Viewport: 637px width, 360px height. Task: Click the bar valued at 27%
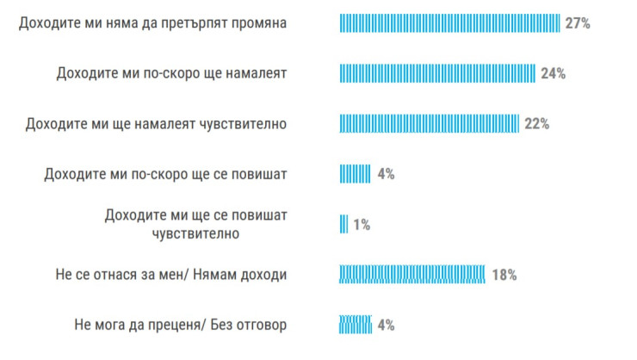coord(449,23)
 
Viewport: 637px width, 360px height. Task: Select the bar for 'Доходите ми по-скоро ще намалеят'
coord(437,73)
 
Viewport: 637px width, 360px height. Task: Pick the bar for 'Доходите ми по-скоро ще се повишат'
coord(355,174)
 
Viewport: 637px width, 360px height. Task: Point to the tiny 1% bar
coord(344,224)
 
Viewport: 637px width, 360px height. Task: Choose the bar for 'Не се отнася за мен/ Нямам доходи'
coord(412,275)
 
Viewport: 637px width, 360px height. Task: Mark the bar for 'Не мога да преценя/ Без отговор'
coord(355,325)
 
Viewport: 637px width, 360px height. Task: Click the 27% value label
coord(578,23)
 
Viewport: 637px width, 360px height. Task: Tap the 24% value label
coord(553,73)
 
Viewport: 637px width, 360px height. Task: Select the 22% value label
coord(536,123)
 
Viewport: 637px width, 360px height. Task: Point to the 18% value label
coord(504,275)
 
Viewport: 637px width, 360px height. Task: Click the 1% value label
coord(361,225)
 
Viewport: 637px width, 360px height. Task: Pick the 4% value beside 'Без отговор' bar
coord(386,325)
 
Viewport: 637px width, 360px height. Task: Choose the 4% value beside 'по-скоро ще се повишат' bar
coord(386,174)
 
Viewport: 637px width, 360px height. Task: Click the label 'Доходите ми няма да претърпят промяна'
coord(152,23)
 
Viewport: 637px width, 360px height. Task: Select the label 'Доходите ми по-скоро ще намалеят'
coord(171,73)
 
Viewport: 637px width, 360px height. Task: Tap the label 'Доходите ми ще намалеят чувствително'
coord(157,123)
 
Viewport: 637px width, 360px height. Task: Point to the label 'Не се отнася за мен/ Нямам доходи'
coord(170,275)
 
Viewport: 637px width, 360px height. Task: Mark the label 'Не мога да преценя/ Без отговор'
coord(181,325)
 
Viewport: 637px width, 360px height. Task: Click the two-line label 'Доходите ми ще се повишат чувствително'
coord(195,224)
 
